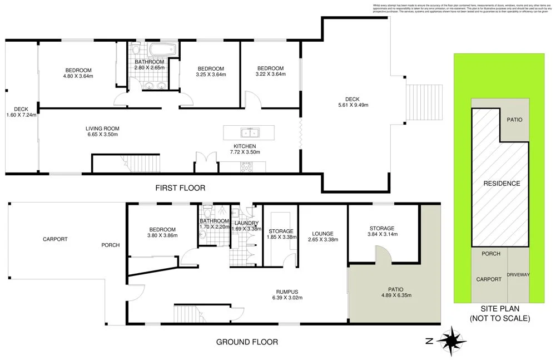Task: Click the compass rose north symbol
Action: click(451, 338)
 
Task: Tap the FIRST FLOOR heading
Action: click(180, 189)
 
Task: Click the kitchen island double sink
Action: click(249, 133)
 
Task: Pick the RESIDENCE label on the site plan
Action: click(502, 184)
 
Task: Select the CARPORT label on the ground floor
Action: click(55, 239)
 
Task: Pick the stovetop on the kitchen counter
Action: click(245, 166)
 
